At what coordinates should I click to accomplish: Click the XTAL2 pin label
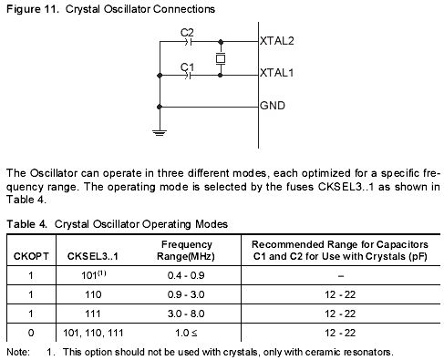pyautogui.click(x=276, y=41)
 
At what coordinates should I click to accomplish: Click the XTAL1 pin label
pyautogui.click(x=276, y=73)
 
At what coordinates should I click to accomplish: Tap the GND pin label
pyautogui.click(x=273, y=106)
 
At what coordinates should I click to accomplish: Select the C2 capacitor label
pyautogui.click(x=187, y=33)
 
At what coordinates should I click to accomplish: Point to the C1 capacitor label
pyautogui.click(x=187, y=67)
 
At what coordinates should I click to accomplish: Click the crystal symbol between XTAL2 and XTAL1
pyautogui.click(x=221, y=58)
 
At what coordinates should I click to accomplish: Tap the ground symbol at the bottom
pyautogui.click(x=160, y=133)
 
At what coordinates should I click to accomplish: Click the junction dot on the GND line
pyautogui.click(x=160, y=107)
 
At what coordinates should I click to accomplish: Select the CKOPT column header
pyautogui.click(x=31, y=256)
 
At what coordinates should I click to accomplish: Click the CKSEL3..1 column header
pyautogui.click(x=93, y=256)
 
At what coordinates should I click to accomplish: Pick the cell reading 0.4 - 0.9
pyautogui.click(x=186, y=275)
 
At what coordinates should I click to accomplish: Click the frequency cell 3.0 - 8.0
pyautogui.click(x=186, y=314)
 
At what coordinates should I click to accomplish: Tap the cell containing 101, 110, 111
pyautogui.click(x=93, y=333)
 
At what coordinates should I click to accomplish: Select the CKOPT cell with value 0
pyautogui.click(x=31, y=333)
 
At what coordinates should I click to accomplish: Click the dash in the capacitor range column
pyautogui.click(x=341, y=276)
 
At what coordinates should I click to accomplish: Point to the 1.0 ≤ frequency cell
pyautogui.click(x=186, y=333)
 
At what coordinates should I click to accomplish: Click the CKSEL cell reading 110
pyautogui.click(x=93, y=294)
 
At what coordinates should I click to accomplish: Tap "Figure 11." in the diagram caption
pyautogui.click(x=33, y=9)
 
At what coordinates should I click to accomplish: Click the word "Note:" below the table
pyautogui.click(x=18, y=352)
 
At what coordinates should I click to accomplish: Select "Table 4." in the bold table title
pyautogui.click(x=27, y=224)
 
